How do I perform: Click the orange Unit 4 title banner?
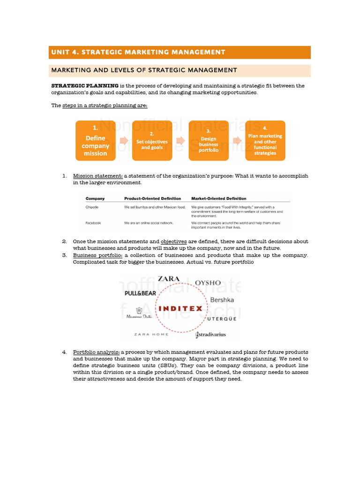180,52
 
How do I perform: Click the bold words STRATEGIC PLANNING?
84,86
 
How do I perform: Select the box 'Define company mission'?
96,141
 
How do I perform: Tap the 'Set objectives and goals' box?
152,141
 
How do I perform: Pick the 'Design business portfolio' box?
209,141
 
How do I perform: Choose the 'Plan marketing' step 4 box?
265,141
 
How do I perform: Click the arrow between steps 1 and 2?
124,140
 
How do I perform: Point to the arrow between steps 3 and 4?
237,140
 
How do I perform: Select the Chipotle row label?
92,207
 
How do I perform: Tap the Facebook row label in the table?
93,223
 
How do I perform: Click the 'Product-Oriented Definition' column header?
152,198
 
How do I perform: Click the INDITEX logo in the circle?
181,308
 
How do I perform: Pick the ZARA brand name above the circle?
169,279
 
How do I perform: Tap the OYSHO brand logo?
208,283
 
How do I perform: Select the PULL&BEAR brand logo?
140,293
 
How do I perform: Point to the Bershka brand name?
222,299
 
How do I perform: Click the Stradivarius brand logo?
210,335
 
